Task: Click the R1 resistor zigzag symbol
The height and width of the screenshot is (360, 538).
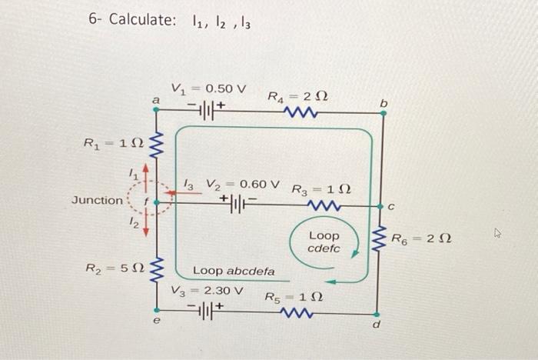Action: point(155,145)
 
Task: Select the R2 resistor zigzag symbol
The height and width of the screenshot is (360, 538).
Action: point(156,270)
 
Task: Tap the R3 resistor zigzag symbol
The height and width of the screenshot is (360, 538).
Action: point(324,205)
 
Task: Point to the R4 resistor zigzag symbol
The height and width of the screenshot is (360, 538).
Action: point(301,112)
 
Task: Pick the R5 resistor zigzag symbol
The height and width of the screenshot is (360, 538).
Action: point(296,313)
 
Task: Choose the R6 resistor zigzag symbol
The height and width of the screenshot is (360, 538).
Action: point(380,238)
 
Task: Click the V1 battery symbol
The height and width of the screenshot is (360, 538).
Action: point(206,111)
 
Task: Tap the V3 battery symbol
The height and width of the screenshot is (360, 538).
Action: point(205,312)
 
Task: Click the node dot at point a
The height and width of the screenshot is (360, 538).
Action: point(156,109)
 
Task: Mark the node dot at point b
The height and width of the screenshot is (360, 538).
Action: point(384,113)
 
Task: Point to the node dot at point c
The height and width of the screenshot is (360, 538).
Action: point(380,206)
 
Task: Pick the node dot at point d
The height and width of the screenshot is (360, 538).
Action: point(377,315)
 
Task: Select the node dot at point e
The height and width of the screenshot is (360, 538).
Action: point(157,310)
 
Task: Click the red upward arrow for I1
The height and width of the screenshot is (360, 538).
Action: point(146,178)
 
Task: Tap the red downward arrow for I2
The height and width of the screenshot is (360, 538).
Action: point(146,223)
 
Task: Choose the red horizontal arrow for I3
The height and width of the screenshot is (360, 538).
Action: point(184,193)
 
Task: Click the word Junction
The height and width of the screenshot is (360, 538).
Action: point(97,200)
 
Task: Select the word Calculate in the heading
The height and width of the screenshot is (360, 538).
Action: point(142,19)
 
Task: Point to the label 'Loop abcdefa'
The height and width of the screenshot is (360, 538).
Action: point(234,271)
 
